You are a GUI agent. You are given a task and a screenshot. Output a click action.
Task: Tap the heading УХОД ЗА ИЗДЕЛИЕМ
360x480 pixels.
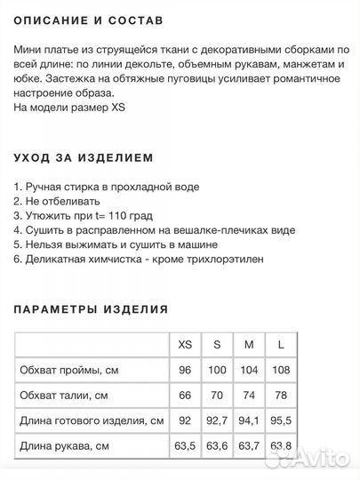tap(84, 157)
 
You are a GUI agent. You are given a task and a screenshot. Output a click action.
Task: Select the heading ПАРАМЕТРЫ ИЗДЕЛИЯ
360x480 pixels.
tap(91, 309)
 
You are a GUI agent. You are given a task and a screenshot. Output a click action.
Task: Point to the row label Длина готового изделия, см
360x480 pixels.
tap(92, 420)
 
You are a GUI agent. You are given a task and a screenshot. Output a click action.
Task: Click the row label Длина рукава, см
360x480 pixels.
tap(64, 445)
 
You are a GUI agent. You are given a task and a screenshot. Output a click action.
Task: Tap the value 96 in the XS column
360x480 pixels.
tap(185, 370)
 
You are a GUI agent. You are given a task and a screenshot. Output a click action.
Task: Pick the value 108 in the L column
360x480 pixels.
tap(281, 370)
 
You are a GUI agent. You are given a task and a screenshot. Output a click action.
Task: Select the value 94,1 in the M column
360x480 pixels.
tap(249, 420)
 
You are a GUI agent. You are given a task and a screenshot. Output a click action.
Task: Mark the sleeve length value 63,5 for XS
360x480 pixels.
tap(185, 445)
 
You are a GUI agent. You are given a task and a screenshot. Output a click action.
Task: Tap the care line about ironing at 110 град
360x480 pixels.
tap(84, 215)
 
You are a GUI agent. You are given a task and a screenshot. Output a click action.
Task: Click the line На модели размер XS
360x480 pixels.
tap(70, 108)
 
